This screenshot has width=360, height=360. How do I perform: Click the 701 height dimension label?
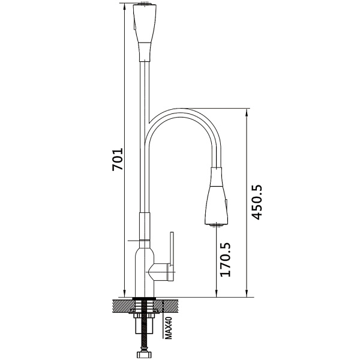point(118,160)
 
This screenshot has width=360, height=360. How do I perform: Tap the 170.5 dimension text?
point(225,259)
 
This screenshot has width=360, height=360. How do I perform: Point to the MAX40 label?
point(169,328)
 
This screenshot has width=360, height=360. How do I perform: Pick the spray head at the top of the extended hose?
point(145,32)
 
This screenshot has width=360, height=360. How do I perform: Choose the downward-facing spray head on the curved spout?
point(216,196)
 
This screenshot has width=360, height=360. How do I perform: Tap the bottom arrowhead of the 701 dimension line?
point(124,293)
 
